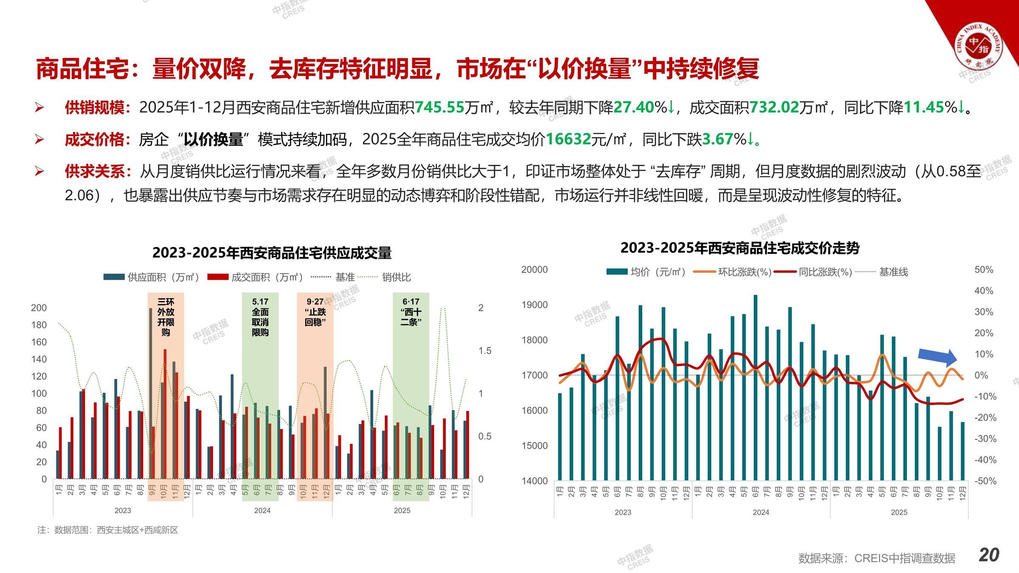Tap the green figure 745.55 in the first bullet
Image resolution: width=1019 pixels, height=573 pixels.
(439, 107)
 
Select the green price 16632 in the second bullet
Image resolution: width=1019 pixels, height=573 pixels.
(568, 139)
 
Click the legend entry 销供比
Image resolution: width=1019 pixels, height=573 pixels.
(396, 278)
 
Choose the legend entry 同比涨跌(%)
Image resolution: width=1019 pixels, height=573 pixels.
(825, 272)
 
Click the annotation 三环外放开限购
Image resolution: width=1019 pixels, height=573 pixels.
(166, 317)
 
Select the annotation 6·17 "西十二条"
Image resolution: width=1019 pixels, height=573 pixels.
(411, 312)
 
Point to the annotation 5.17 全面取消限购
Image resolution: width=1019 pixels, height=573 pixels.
(260, 317)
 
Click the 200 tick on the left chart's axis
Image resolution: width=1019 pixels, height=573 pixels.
(39, 308)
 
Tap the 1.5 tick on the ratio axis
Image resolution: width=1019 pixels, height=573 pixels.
(484, 351)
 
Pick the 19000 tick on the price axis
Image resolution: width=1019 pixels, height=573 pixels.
(534, 305)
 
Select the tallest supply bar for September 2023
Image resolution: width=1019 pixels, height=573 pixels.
(151, 393)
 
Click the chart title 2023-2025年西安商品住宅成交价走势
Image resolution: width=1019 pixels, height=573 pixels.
(740, 248)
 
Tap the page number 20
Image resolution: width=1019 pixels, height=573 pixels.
(989, 555)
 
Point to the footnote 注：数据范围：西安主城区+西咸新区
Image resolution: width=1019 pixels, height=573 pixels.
(108, 530)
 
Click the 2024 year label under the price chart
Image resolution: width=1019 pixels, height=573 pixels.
(761, 512)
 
